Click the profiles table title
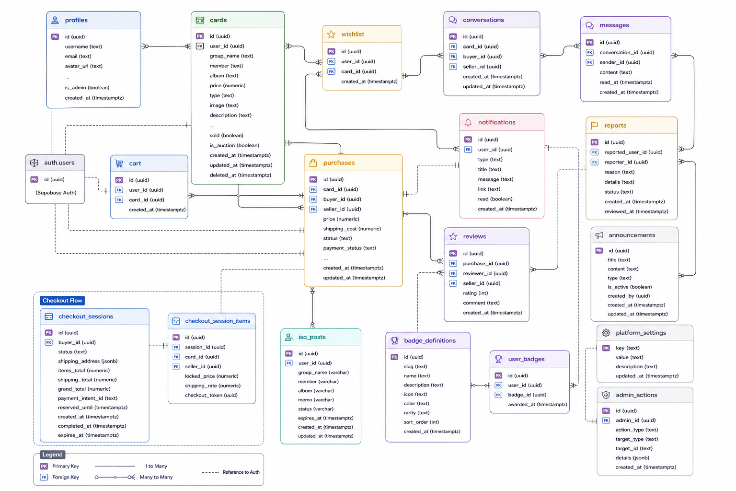coord(76,20)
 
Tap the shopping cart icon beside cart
coord(119,164)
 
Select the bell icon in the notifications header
coord(468,123)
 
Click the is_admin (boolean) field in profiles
coord(87,87)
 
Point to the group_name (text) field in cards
coord(231,56)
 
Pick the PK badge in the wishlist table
coord(331,51)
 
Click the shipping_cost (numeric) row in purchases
coord(352,229)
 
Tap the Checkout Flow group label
coord(62,301)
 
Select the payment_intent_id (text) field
coord(88,398)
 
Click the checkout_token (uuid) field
coord(211,395)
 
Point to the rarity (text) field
coord(416,413)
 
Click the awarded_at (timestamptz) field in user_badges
coord(538,405)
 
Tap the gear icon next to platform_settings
coord(606,333)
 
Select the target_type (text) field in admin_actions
coord(637,439)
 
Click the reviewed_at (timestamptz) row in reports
coord(636,211)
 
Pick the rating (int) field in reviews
coord(475,293)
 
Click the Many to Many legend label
coord(156,477)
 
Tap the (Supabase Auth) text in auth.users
coord(56,193)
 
